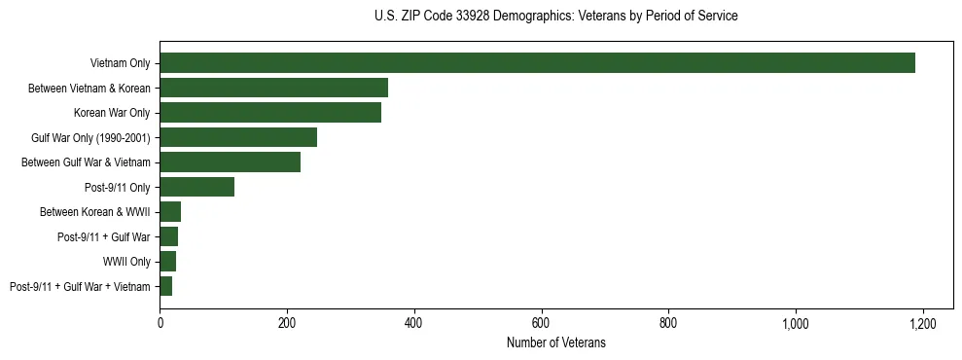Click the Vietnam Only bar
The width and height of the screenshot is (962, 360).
click(537, 63)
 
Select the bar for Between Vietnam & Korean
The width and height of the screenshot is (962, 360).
click(273, 88)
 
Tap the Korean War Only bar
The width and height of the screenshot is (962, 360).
click(270, 113)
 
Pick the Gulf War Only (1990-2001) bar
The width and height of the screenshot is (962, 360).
click(238, 137)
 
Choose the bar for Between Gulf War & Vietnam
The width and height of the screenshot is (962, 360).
click(230, 162)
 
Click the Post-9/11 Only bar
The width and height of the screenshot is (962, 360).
click(196, 187)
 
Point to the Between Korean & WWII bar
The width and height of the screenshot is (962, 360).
click(170, 212)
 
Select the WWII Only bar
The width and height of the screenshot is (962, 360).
click(167, 262)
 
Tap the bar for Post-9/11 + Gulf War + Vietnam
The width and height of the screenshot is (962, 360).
click(165, 286)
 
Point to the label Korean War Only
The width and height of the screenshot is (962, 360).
click(112, 113)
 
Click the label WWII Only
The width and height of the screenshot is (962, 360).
click(126, 262)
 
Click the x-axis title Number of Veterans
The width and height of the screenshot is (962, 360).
click(555, 342)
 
